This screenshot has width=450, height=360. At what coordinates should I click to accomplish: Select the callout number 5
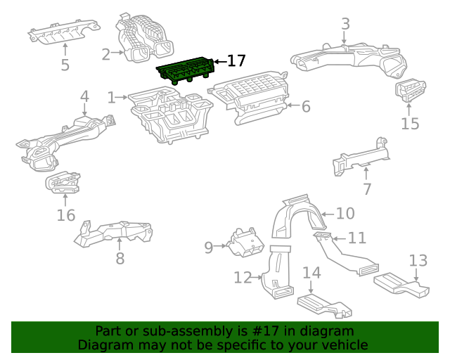pyautogui.click(x=65, y=65)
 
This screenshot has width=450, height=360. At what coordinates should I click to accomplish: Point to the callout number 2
pyautogui.click(x=106, y=54)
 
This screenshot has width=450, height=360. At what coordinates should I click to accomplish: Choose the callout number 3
pyautogui.click(x=345, y=24)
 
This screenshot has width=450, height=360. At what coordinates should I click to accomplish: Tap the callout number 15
pyautogui.click(x=410, y=124)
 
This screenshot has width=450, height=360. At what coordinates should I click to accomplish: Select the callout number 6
pyautogui.click(x=305, y=107)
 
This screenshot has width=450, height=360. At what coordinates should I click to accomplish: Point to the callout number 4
pyautogui.click(x=84, y=96)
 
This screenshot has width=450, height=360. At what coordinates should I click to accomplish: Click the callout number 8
pyautogui.click(x=120, y=258)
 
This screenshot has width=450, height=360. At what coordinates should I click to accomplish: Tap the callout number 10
pyautogui.click(x=345, y=213)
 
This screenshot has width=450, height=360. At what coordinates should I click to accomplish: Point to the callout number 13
pyautogui.click(x=418, y=261)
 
